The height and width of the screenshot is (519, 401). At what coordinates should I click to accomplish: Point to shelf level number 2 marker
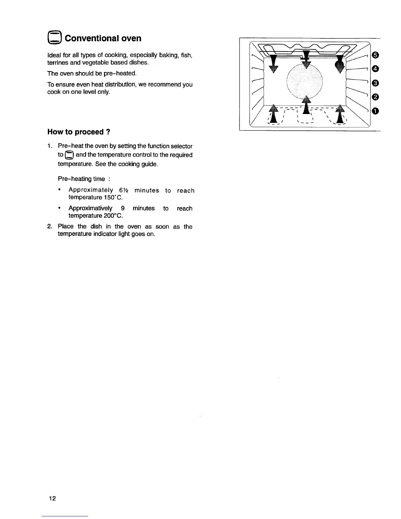(375, 97)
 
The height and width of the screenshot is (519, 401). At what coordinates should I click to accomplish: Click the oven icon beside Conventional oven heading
(54, 38)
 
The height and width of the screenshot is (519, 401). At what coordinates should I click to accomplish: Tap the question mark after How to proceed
(108, 132)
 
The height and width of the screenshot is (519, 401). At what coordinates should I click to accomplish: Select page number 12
(52, 498)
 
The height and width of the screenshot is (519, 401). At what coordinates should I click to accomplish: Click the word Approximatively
(90, 208)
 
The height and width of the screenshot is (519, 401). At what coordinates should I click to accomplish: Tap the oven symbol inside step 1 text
(70, 155)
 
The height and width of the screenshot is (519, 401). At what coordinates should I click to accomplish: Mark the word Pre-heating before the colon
(76, 179)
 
